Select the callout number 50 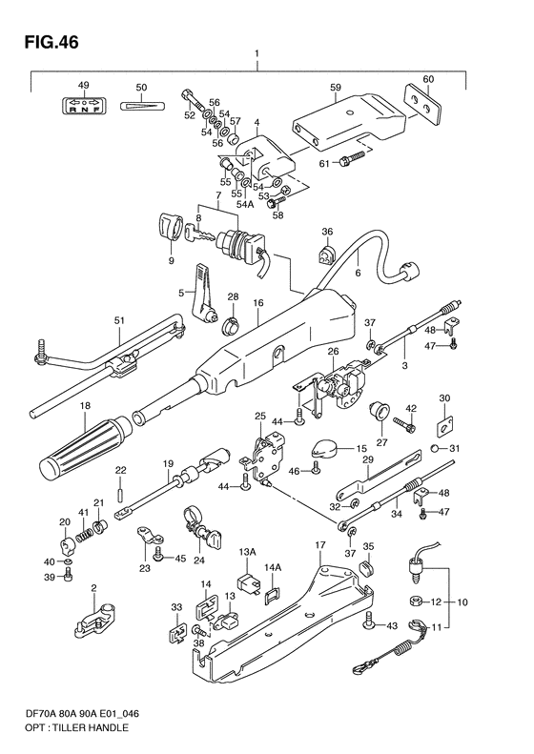click(x=141, y=88)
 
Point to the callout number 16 click(x=257, y=303)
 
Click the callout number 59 click(x=336, y=87)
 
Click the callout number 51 click(x=118, y=321)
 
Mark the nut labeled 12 click(x=418, y=601)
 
